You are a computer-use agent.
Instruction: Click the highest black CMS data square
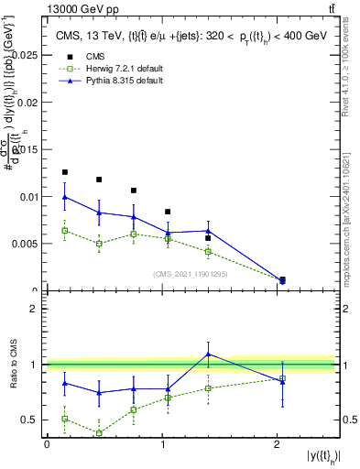(x=64, y=172)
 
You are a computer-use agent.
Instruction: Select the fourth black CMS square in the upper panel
(x=167, y=212)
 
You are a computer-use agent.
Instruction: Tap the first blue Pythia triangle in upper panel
(x=64, y=197)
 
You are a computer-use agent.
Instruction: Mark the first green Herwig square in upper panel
(x=64, y=230)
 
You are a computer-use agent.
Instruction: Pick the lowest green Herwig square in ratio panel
(x=98, y=433)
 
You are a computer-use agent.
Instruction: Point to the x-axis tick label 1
(x=162, y=444)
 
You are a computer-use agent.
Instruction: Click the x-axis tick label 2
(x=277, y=444)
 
